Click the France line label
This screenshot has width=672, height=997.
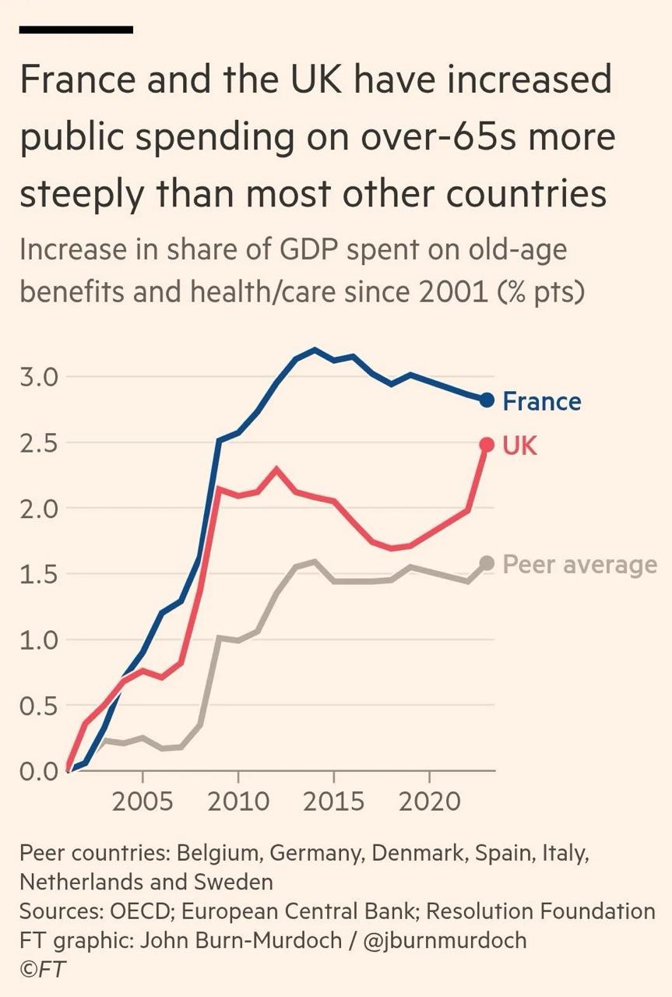[x=541, y=402]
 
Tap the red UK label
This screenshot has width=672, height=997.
[x=520, y=446]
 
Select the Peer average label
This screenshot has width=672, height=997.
[x=579, y=565]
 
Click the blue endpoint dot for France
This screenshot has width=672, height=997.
[x=487, y=400]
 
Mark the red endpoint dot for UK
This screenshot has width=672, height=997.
[x=487, y=445]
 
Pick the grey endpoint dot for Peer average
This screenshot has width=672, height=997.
[x=487, y=563]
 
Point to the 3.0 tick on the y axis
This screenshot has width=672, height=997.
[x=38, y=377]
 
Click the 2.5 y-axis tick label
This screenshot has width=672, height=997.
[x=38, y=443]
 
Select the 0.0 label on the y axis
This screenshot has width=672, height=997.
[x=38, y=772]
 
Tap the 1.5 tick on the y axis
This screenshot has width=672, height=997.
[x=38, y=575]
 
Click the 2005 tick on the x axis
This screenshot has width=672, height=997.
[x=143, y=801]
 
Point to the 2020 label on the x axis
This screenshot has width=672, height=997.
[x=430, y=801]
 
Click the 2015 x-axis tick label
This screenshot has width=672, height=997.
[x=333, y=801]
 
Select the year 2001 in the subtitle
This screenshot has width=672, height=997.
[x=464, y=294]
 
